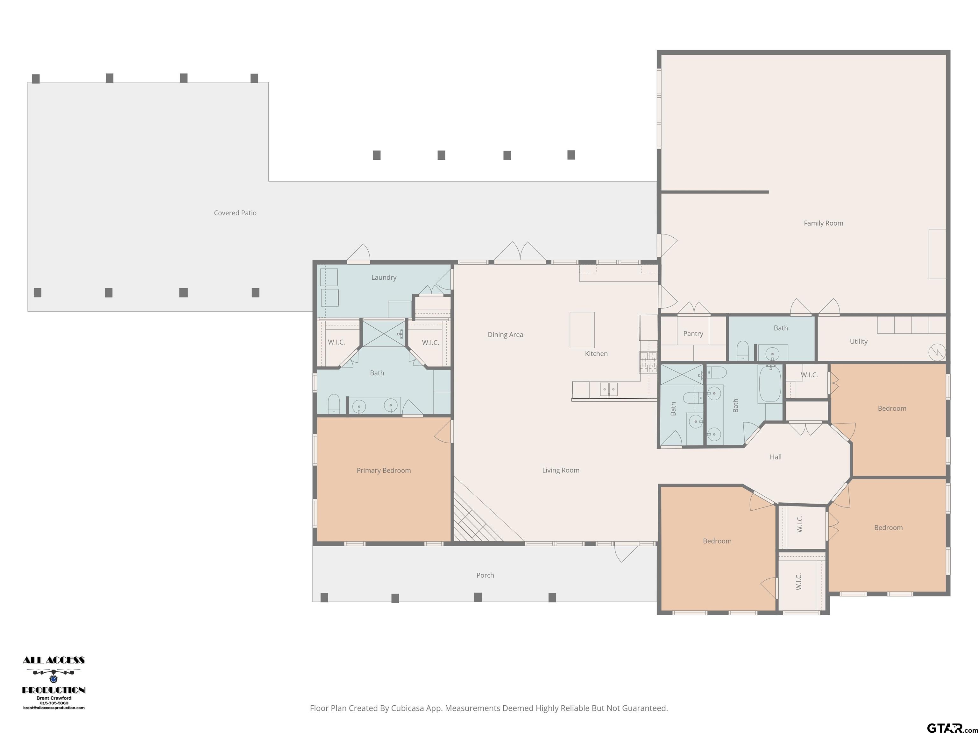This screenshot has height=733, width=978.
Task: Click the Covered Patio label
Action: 235,213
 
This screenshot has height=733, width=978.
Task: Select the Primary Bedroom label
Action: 384,471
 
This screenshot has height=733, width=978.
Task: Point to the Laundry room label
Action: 384,277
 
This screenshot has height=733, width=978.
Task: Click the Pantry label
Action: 693,334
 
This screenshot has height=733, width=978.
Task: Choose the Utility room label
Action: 859,342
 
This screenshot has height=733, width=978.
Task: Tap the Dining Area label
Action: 505,334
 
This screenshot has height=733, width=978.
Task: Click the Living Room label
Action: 561,470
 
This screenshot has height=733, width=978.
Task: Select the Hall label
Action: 776,457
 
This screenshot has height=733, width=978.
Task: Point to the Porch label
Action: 485,575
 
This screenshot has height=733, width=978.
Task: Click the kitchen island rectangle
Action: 582,330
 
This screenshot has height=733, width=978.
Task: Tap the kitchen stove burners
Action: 648,362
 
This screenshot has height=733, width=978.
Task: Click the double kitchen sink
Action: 609,389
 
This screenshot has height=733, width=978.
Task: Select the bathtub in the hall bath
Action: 770,383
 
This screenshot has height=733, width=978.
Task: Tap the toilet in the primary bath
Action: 334,404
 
